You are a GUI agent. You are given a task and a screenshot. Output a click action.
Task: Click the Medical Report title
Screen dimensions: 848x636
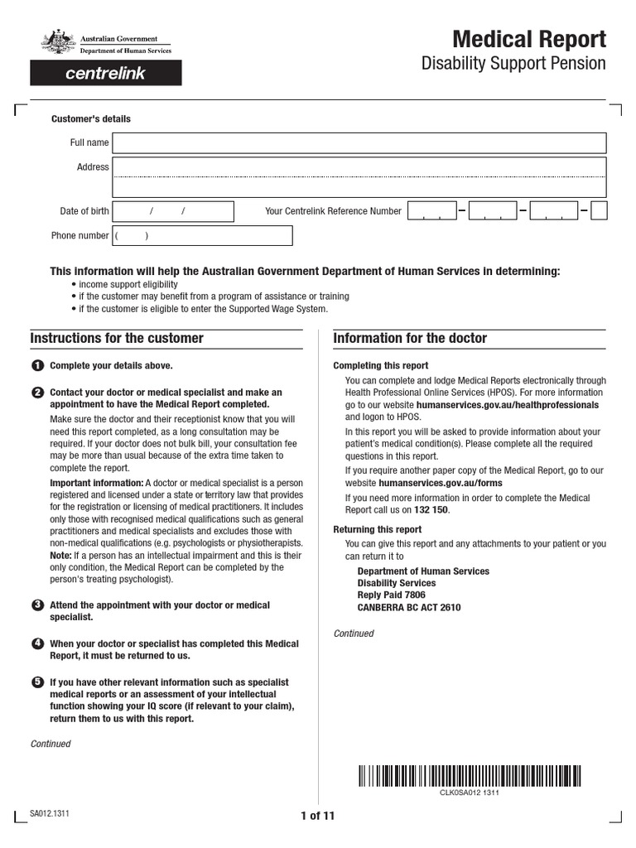pos(528,39)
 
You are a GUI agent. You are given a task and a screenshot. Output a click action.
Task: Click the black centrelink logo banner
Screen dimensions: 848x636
pos(106,74)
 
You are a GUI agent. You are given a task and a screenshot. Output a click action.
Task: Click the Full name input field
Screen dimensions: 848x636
pos(359,143)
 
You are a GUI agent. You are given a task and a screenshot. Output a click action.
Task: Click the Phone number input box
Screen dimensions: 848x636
pos(202,236)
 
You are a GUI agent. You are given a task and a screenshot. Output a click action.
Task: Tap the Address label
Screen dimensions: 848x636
pos(93,167)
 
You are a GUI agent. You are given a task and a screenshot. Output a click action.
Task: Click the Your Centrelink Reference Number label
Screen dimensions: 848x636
pos(333,211)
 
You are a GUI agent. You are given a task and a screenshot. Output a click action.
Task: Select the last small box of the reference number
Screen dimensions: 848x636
pos(599,211)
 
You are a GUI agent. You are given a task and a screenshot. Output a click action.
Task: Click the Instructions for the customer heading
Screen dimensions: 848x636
pos(117,339)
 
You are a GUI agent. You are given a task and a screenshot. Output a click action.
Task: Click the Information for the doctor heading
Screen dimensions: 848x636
pos(410,339)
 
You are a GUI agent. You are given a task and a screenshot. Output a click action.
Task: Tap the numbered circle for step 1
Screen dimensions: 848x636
pos(37,366)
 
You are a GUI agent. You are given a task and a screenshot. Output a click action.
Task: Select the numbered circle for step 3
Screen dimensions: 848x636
pos(37,605)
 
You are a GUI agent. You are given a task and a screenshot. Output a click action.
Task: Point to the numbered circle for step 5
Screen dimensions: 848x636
pos(37,682)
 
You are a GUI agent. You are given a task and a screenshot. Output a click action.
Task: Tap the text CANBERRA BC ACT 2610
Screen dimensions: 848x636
pos(409,607)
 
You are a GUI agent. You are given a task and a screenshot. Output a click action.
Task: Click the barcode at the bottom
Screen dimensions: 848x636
pos(470,776)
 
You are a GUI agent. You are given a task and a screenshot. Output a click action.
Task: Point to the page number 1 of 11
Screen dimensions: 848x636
pos(317,816)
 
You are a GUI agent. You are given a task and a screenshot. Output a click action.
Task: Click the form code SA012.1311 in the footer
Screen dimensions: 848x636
pos(50,814)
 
